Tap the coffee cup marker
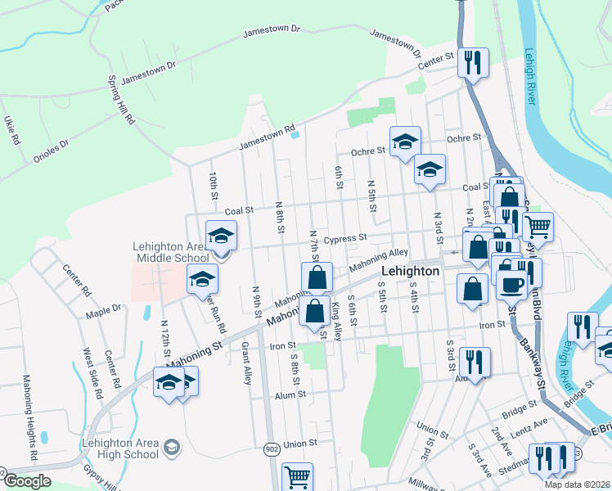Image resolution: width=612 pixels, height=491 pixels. tap(513, 286)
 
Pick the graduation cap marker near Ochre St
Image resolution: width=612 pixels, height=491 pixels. tap(405, 142)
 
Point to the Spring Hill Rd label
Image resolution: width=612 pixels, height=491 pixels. tap(121, 101)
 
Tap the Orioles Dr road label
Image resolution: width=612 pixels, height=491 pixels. tap(51, 147)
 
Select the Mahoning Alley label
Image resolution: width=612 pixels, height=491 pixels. tap(378, 261)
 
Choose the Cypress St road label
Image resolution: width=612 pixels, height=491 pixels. tap(344, 239)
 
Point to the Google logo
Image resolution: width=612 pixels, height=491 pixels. tap(28, 481)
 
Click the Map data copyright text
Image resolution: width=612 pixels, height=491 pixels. tap(577, 484)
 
